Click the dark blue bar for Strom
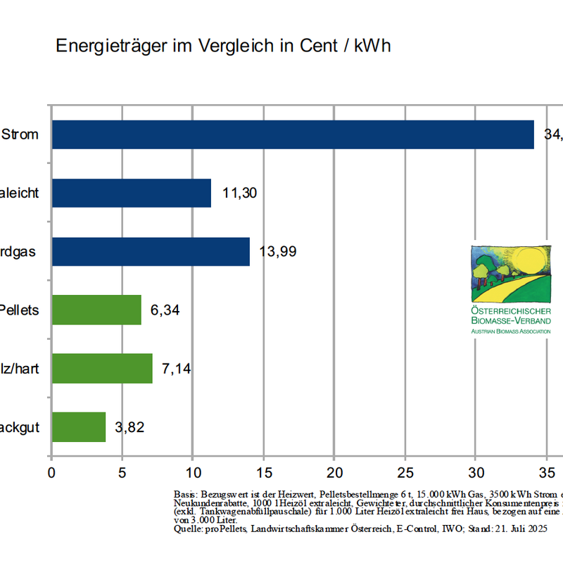(x=293, y=134)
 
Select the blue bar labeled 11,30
(x=132, y=193)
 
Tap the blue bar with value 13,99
(x=151, y=251)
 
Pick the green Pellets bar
(x=96, y=310)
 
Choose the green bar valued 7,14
(x=102, y=368)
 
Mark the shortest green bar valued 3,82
(x=79, y=426)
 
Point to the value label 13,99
(x=280, y=251)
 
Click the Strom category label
(x=20, y=134)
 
